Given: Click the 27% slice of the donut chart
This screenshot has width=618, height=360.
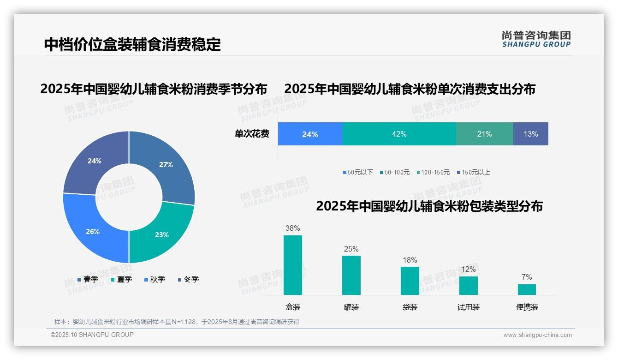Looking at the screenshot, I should click(166, 165).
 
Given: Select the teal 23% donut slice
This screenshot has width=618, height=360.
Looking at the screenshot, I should click(161, 234).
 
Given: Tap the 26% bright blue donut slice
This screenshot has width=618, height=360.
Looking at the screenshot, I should click(93, 231).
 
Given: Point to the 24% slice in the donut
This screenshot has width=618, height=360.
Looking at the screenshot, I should click(95, 161).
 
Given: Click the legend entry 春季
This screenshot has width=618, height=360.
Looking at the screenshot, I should click(88, 279).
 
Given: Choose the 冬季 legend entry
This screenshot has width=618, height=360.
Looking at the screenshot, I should click(188, 279).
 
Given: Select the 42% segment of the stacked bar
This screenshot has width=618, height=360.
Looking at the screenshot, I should click(399, 134).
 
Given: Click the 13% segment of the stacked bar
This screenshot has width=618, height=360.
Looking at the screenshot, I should click(530, 134).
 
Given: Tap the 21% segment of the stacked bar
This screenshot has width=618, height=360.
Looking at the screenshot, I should click(484, 134).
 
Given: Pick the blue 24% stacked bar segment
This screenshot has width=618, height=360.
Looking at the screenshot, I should click(310, 134).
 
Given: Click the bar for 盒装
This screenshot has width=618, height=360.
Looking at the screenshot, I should click(293, 265).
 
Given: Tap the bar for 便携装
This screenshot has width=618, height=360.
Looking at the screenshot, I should click(527, 289).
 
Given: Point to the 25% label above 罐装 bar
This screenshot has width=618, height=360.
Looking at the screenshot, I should click(351, 249).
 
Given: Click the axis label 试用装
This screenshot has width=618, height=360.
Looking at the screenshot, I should click(469, 307).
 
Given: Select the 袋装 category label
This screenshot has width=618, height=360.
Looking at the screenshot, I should click(410, 307).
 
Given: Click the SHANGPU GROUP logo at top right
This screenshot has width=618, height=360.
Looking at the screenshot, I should click(536, 39).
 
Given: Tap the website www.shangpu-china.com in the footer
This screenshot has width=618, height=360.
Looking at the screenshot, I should click(537, 335).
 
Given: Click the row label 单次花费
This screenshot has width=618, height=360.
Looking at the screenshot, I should click(252, 134).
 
